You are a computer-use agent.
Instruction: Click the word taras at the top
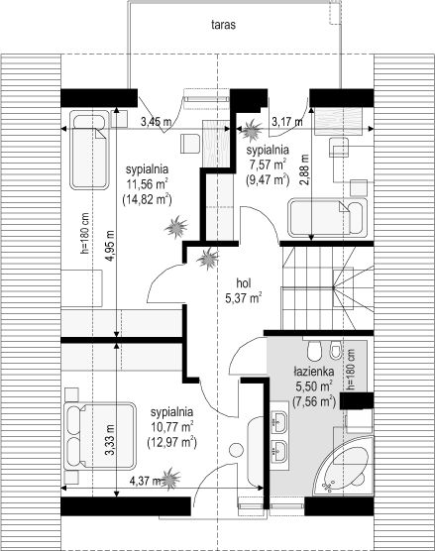(x=223, y=25)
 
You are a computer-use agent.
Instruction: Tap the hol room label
(x=243, y=282)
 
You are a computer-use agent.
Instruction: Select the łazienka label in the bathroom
(x=314, y=371)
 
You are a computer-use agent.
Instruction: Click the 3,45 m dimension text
(x=156, y=122)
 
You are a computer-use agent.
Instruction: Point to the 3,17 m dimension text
(x=287, y=122)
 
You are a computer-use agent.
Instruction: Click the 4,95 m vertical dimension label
(x=110, y=246)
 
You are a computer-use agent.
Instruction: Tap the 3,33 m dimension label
(x=110, y=440)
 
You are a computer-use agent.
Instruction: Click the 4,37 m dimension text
(x=145, y=481)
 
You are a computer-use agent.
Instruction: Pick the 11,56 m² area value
(x=147, y=184)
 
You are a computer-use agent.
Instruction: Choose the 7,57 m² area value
(x=268, y=165)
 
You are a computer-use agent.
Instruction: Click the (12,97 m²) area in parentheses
(x=171, y=442)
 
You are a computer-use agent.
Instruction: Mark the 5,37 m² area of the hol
(x=244, y=298)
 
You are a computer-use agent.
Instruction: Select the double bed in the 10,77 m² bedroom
(x=100, y=435)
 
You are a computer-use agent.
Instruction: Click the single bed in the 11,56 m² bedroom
(x=89, y=151)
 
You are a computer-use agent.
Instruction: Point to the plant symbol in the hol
(x=208, y=259)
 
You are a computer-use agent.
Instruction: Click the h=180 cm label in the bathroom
(x=351, y=370)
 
